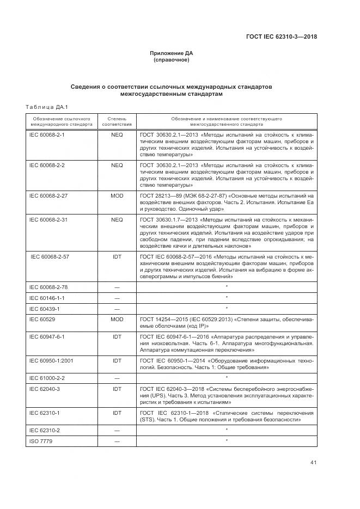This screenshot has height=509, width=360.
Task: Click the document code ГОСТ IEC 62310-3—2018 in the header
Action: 281,37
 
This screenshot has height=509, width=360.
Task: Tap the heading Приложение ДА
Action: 172,53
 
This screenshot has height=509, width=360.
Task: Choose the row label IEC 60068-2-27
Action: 48,195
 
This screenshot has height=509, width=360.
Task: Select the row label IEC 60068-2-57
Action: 50,255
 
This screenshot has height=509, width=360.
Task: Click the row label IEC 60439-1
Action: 44,309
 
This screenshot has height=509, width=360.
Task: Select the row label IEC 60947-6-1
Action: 47,337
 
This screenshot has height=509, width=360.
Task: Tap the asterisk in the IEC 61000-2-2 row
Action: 227,377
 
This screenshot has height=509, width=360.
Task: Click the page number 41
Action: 313,463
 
